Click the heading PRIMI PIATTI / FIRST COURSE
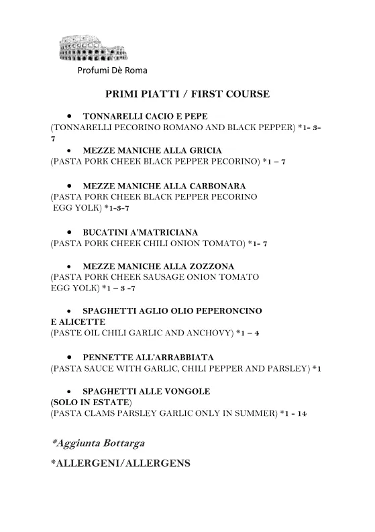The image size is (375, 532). pyautogui.click(x=188, y=95)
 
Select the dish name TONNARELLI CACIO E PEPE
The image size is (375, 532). pyautogui.click(x=144, y=116)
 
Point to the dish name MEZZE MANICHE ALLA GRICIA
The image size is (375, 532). pyautogui.click(x=152, y=150)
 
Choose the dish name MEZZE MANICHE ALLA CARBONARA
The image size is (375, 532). pyautogui.click(x=164, y=185)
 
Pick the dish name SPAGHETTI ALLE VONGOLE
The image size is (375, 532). pyautogui.click(x=146, y=391)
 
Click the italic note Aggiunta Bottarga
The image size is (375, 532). pyautogui.click(x=98, y=443)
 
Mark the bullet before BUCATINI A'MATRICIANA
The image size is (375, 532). pyautogui.click(x=69, y=231)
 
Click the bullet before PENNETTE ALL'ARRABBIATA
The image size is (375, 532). pyautogui.click(x=69, y=357)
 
